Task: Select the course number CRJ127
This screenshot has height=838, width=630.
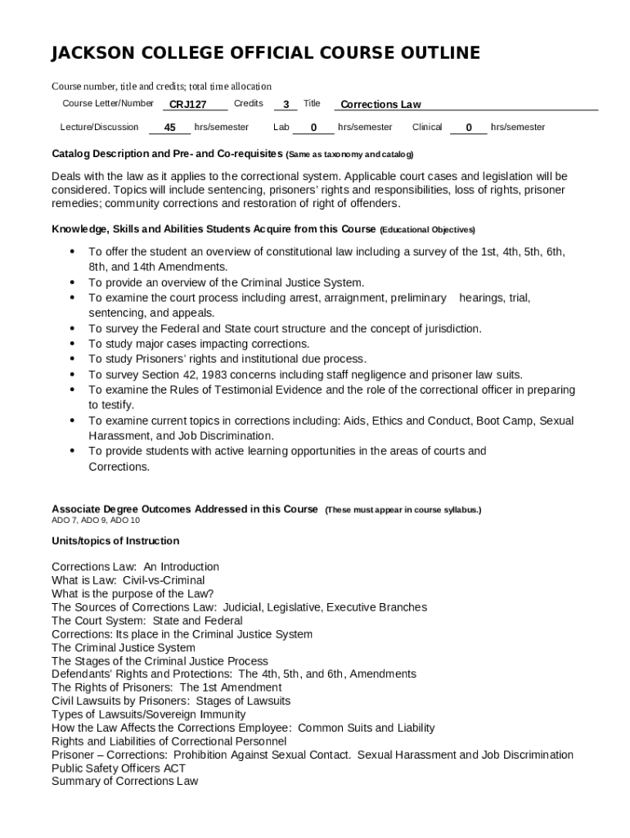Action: coord(187,105)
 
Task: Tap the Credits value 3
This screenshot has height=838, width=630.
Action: coord(286,105)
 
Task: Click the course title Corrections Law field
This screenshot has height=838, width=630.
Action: coord(380,105)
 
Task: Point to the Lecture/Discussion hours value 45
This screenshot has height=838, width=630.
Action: coord(170,128)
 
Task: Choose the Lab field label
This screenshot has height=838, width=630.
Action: coord(281,128)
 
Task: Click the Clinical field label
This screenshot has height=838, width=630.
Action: coord(427,128)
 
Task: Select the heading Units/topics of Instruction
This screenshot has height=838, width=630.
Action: coord(115,541)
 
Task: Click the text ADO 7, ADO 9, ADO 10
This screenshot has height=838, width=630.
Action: coord(96,520)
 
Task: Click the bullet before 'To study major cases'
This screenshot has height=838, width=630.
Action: coord(72,344)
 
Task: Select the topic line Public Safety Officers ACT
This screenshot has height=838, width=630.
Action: coord(119,768)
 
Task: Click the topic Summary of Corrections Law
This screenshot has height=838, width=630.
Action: coord(125,782)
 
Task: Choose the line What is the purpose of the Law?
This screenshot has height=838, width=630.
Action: coord(133,594)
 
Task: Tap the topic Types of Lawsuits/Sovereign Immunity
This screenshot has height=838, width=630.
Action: coord(148,714)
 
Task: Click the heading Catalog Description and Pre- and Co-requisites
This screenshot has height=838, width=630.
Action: coord(167,154)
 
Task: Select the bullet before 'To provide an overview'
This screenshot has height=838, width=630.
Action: coord(72,282)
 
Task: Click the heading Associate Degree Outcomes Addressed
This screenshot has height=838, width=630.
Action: coord(184,509)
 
